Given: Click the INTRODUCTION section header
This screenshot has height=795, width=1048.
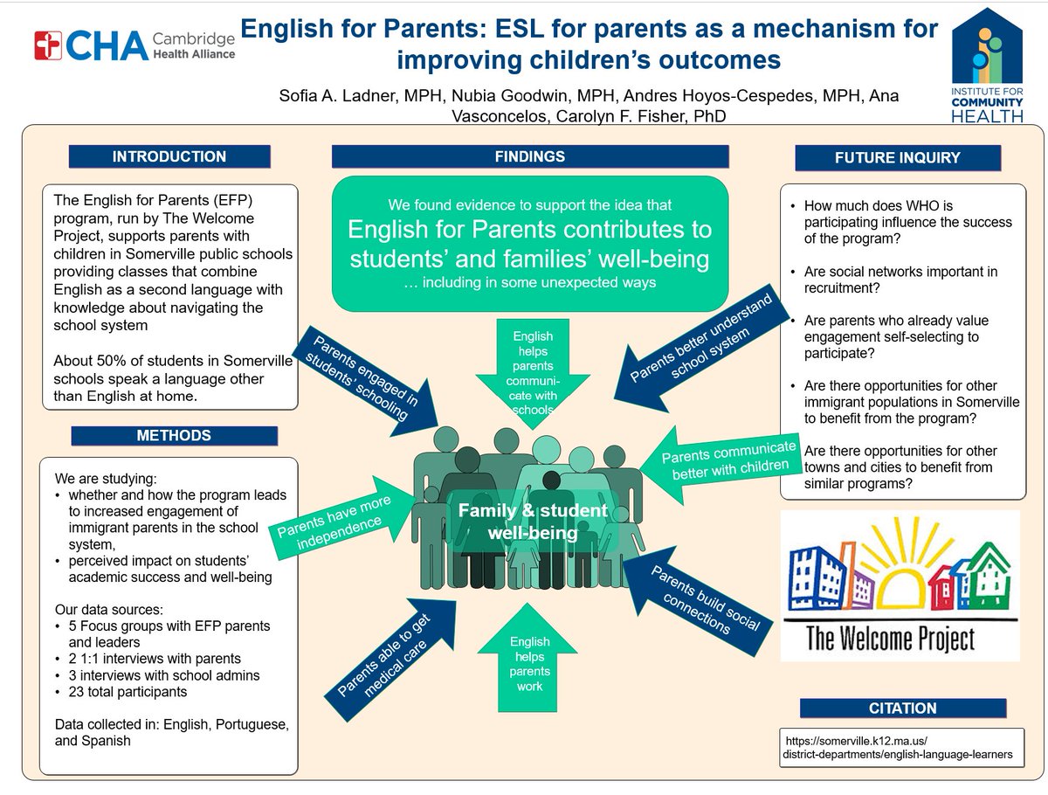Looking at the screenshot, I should (169, 157).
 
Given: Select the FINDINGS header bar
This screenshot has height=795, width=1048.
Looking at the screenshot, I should (530, 157).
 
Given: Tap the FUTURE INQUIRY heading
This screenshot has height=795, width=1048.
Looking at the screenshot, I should (898, 158).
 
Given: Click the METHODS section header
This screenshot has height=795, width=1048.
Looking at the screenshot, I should (174, 435).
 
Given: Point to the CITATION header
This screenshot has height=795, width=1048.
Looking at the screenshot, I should (902, 708).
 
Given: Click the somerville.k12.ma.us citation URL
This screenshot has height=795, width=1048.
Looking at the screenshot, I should (899, 745).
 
